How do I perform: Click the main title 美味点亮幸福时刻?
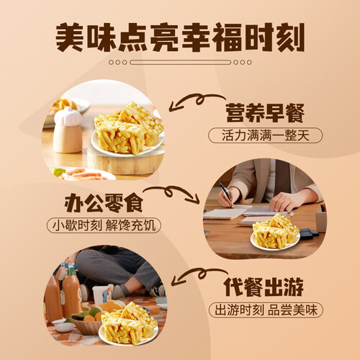(x=180, y=37)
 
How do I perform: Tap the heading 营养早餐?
(x=265, y=113)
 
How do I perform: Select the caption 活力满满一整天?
(x=265, y=135)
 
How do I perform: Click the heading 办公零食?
(x=104, y=204)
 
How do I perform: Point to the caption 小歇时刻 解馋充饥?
(x=104, y=225)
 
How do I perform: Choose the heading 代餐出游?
(x=264, y=287)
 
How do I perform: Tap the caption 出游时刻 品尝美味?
(x=266, y=310)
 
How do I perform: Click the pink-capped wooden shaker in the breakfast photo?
(x=68, y=130)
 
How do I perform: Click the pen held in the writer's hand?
(x=225, y=194)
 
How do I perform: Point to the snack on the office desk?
(x=275, y=233)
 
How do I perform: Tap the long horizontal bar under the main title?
(x=180, y=63)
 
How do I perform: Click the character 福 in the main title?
(x=227, y=37)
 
